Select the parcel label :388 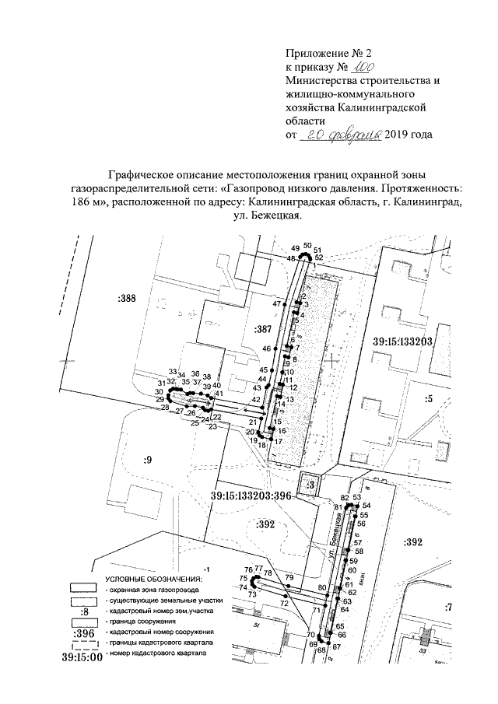tap(126, 297)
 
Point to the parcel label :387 tap(262, 331)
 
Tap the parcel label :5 tap(427, 399)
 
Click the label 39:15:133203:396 tap(251, 495)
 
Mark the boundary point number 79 tap(289, 577)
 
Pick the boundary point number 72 tap(285, 603)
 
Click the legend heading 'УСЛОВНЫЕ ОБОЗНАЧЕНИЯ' tap(153, 580)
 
